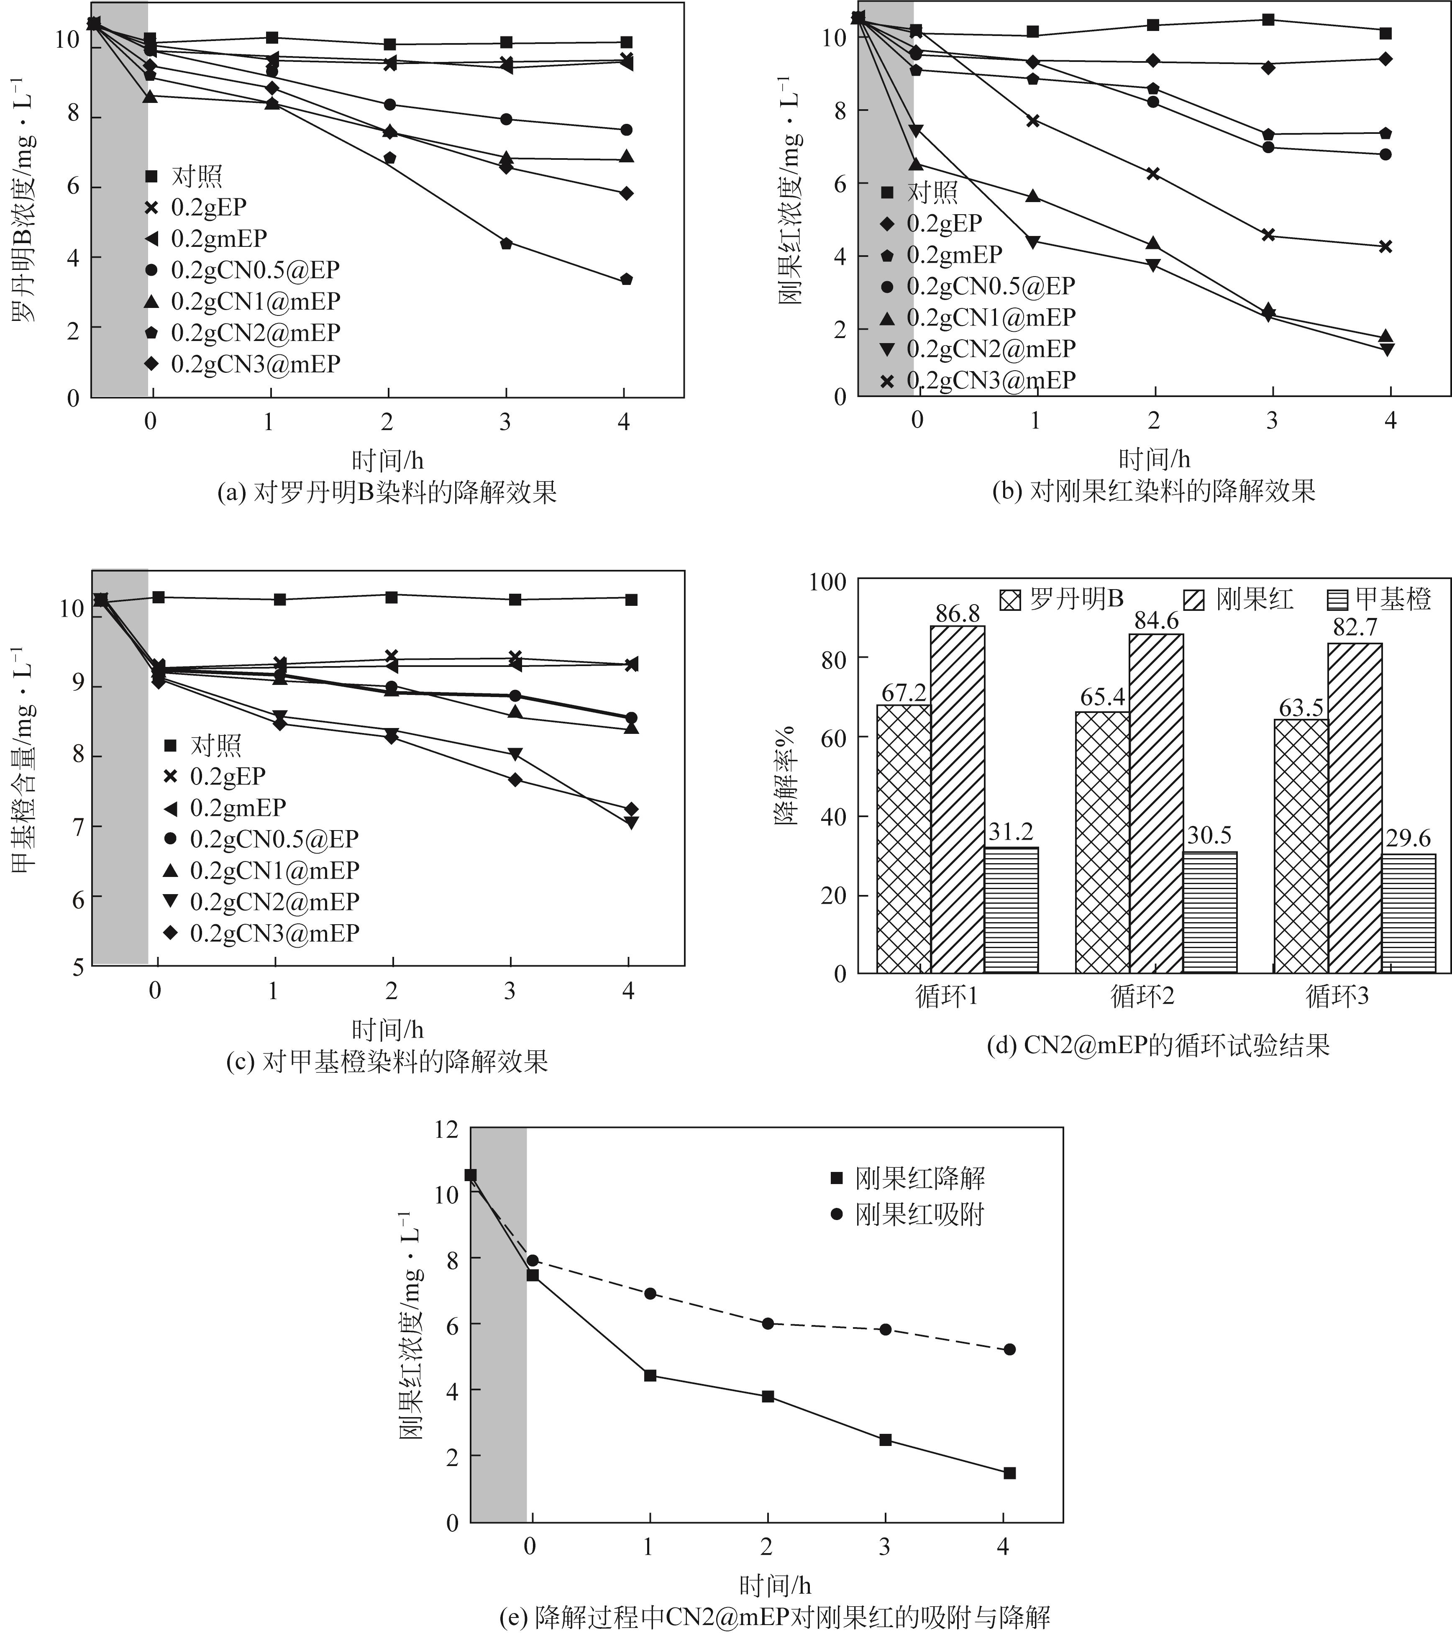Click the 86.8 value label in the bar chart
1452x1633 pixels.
click(957, 613)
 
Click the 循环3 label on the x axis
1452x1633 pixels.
click(1337, 996)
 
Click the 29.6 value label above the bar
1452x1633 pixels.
click(1408, 838)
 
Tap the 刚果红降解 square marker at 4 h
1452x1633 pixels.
click(1009, 1472)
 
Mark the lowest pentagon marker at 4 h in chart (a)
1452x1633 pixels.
click(626, 279)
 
